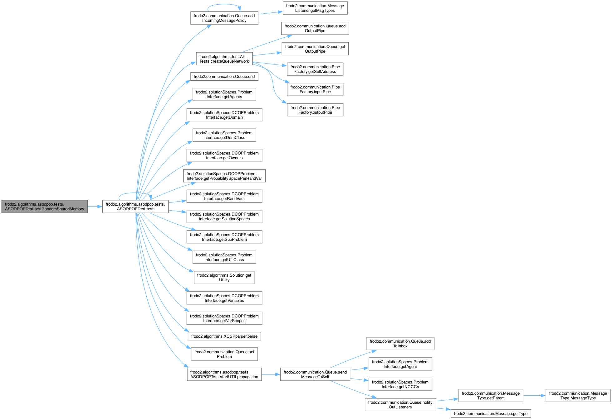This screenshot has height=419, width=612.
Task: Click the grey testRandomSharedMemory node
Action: (45, 207)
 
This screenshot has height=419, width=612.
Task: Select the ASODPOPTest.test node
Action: (135, 207)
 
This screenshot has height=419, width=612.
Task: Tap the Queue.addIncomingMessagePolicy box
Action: (224, 18)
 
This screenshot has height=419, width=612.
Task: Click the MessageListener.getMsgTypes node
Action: (315, 8)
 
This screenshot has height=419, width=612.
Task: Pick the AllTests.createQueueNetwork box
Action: (224, 59)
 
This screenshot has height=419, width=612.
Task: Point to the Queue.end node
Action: (224, 77)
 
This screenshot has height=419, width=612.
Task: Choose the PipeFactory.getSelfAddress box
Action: (315, 69)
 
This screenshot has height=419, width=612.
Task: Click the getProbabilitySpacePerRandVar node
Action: (224, 176)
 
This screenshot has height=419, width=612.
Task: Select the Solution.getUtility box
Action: (224, 278)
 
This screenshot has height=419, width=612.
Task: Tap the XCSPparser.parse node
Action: (224, 336)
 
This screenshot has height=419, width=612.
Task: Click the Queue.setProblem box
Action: (224, 354)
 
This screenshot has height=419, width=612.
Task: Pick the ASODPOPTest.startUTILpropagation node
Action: (224, 374)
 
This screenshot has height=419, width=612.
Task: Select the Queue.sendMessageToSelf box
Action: (315, 374)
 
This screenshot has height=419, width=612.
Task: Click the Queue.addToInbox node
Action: (400, 344)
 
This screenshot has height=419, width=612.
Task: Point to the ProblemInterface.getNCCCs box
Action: (400, 384)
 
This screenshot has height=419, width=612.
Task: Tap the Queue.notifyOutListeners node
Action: (400, 405)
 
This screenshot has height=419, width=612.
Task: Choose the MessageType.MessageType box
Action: (578, 396)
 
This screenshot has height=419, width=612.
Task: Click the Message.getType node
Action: (491, 414)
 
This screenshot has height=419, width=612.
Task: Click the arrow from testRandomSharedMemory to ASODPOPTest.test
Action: (95, 207)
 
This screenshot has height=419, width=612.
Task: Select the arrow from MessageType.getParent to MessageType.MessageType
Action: (534, 396)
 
